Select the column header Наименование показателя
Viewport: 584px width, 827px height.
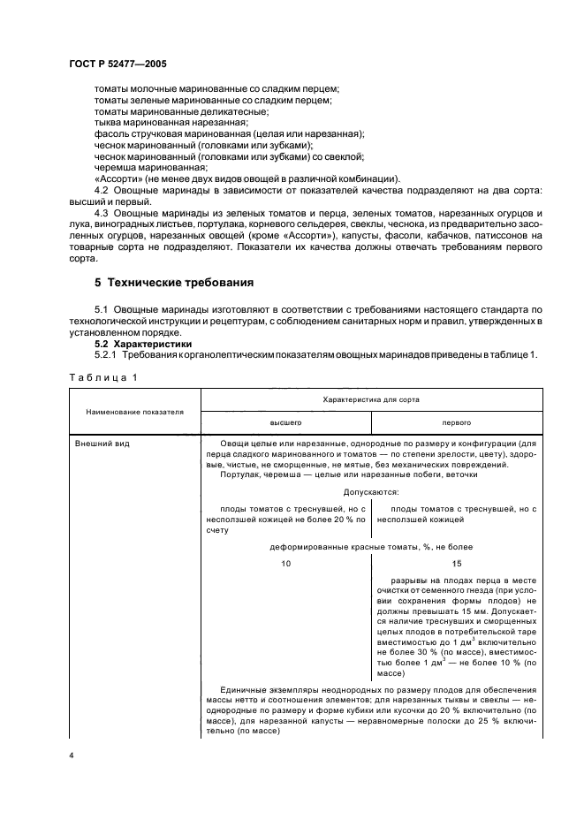[134, 411]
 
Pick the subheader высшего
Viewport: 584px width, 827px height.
[285, 422]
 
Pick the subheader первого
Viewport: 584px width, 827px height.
[457, 422]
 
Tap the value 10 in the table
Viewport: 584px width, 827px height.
[285, 563]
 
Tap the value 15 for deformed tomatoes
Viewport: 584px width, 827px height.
[457, 563]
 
